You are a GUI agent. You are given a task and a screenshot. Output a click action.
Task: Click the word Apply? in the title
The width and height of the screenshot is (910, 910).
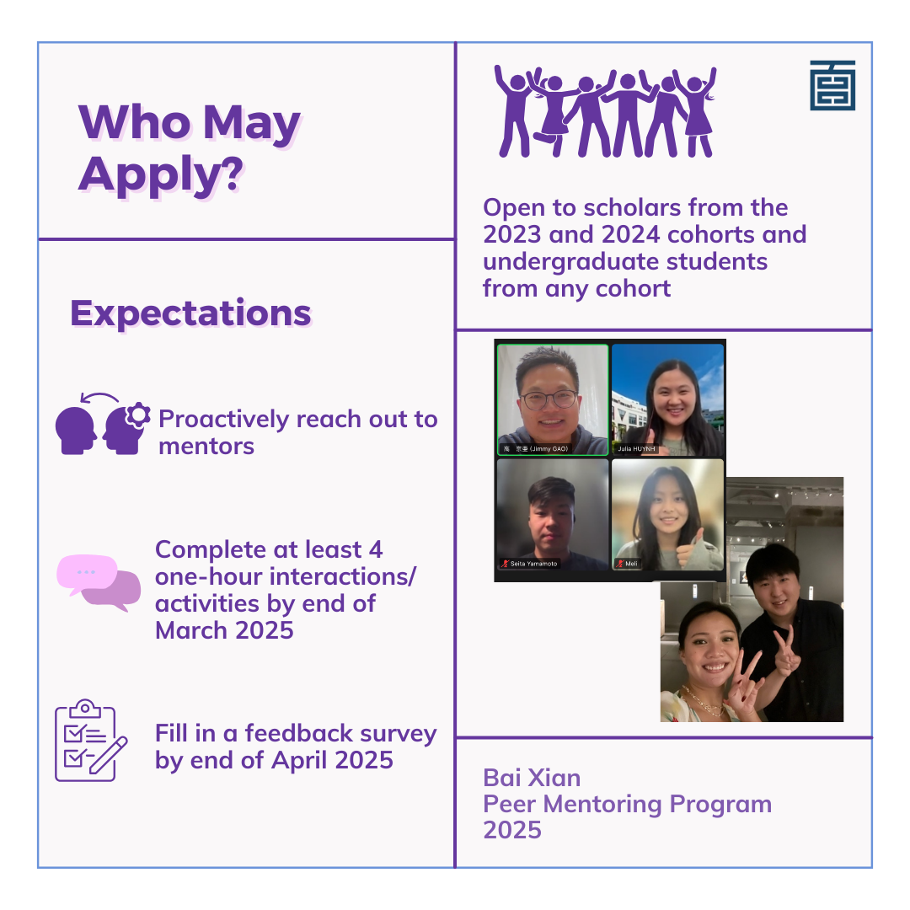coord(161,174)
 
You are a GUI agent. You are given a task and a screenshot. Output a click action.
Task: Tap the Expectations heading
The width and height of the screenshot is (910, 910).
coord(190,313)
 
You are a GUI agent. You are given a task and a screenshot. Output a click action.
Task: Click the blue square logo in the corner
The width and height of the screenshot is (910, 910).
coord(832,85)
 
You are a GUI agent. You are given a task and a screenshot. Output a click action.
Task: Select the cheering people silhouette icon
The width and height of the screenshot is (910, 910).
coord(605,112)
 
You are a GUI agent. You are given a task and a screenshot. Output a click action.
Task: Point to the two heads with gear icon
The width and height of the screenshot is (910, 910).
coord(103,423)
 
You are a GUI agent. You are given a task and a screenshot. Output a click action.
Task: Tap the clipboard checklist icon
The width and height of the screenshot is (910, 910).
coord(91,741)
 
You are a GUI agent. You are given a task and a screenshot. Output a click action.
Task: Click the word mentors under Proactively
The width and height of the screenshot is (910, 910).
coord(206,447)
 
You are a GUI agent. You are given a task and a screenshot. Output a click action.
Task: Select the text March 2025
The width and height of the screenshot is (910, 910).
coord(224,630)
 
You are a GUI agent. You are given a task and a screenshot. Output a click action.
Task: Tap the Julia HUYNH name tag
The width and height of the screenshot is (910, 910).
coord(636,448)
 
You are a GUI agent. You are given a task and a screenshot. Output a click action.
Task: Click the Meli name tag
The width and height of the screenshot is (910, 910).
coord(628,564)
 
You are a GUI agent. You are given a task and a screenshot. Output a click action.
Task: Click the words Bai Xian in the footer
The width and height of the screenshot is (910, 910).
coord(532,778)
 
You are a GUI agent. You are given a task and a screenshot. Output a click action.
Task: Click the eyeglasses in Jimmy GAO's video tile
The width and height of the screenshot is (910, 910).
coord(549,399)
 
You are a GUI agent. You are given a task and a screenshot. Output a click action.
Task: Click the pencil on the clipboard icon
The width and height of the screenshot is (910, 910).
coord(109,755)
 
